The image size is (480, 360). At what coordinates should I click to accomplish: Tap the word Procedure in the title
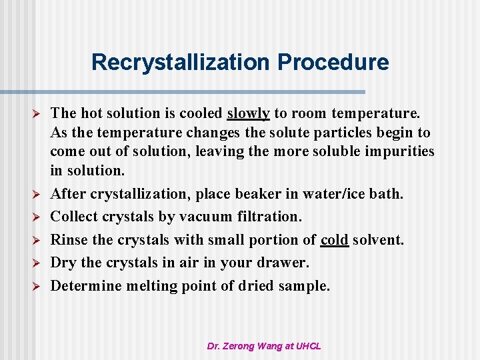tap(333, 62)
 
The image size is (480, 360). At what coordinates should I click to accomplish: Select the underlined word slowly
tap(249, 114)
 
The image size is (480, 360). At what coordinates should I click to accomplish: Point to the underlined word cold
tap(335, 240)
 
